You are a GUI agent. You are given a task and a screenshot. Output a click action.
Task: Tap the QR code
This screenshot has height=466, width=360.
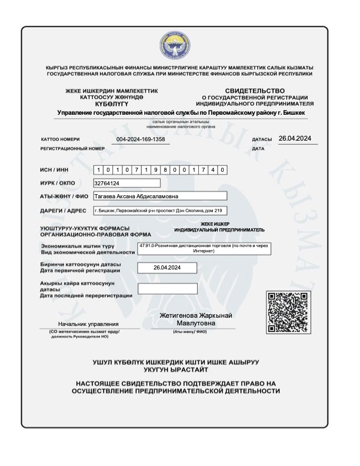288,312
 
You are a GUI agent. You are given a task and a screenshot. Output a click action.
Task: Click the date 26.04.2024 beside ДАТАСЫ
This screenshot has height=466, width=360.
295,138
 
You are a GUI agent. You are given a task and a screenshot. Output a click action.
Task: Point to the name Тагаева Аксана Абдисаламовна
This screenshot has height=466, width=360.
137,197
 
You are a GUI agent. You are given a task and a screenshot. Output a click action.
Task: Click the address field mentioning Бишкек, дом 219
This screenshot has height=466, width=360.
159,210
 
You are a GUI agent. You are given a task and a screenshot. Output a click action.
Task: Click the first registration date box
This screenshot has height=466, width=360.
166,268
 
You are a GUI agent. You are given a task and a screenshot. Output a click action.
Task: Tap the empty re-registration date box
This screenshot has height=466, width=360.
167,289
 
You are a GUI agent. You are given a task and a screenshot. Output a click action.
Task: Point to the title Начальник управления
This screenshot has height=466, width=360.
88,324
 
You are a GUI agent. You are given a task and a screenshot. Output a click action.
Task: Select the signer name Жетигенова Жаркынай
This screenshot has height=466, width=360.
196,316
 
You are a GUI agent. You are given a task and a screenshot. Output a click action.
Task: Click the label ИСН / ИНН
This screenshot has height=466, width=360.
55,170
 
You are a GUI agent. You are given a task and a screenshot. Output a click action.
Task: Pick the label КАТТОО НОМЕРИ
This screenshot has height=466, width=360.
60,139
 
